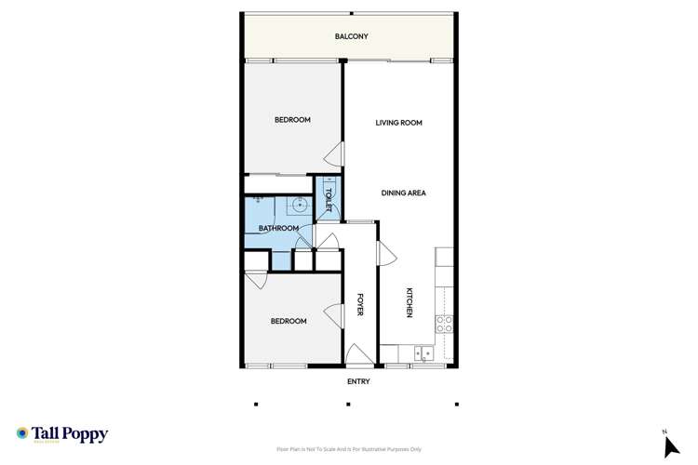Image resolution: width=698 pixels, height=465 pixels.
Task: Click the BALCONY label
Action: click(x=352, y=37)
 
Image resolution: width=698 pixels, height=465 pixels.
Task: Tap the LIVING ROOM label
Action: click(x=399, y=123)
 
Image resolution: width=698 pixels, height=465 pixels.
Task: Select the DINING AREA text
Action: click(x=404, y=193)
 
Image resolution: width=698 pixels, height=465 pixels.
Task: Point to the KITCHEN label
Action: click(x=409, y=303)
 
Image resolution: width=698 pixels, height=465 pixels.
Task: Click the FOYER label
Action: click(x=360, y=306)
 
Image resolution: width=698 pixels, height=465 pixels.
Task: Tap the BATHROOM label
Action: click(x=278, y=229)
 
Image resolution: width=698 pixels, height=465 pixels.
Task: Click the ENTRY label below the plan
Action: click(x=358, y=381)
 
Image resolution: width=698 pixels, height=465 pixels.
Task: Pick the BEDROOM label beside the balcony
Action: click(x=292, y=120)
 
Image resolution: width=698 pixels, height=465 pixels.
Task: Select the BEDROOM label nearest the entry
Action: click(x=289, y=322)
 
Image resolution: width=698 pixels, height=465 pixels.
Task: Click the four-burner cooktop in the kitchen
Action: click(x=445, y=325)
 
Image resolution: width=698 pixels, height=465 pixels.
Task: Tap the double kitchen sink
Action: click(x=423, y=352)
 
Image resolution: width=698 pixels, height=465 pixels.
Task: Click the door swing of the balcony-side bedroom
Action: click(x=335, y=155)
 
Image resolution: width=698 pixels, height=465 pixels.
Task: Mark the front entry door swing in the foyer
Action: click(x=356, y=353)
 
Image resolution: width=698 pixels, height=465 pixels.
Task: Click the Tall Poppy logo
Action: click(x=62, y=434)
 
